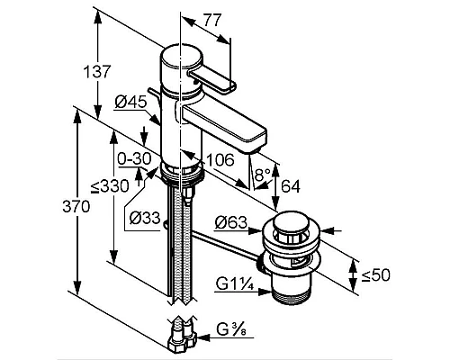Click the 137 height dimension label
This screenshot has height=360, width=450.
[x=97, y=72]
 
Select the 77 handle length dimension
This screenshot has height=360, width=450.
[x=212, y=20]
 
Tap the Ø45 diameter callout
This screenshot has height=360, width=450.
[x=130, y=102]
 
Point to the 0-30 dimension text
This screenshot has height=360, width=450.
[x=134, y=158]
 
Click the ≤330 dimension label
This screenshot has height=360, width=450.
[x=110, y=186]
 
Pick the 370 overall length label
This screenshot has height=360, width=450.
[x=76, y=206]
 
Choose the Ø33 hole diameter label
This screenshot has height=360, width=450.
[x=145, y=218]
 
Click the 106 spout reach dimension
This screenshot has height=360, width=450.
[x=220, y=160]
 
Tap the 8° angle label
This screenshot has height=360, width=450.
[x=262, y=175]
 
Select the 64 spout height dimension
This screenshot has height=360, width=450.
[x=291, y=186]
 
